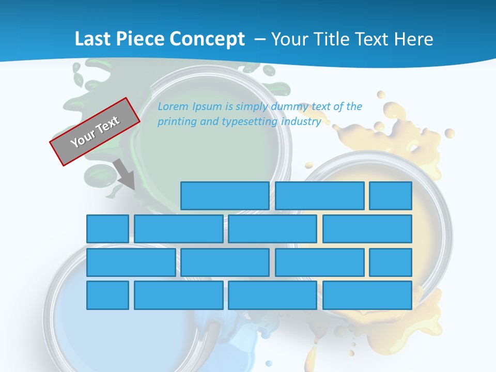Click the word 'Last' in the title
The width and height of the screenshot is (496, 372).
point(90,39)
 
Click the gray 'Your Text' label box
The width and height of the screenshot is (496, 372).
point(95,131)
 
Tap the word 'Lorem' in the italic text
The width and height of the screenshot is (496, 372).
point(173,107)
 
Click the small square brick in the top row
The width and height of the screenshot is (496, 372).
point(391,196)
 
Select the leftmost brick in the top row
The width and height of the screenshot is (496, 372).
point(225,196)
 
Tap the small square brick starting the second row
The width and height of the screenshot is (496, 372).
point(107,229)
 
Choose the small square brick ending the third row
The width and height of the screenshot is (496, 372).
point(391,262)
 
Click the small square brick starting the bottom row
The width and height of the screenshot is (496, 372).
point(107,295)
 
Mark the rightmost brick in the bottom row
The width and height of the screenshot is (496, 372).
point(367,295)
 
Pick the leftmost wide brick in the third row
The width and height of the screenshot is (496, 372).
point(131,262)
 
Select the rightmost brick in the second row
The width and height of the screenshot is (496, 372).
point(367,229)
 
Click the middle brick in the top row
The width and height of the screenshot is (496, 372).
point(320,196)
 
